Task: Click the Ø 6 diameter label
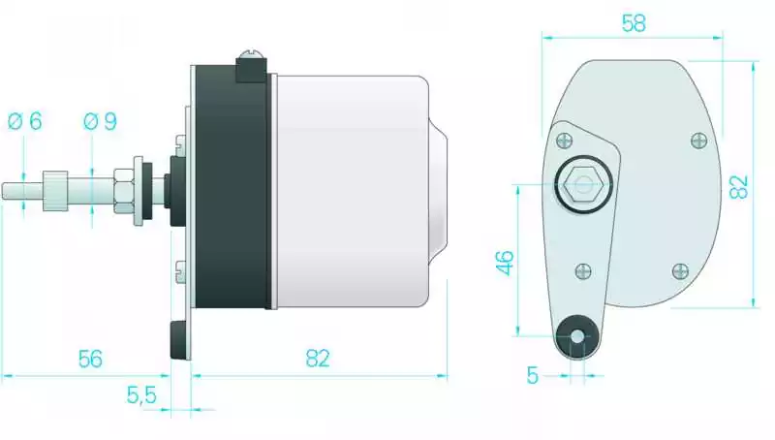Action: tap(25, 121)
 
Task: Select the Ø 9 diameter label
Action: tap(100, 121)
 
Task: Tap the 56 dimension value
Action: tap(90, 359)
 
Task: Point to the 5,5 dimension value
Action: tap(141, 395)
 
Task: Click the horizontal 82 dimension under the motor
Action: tap(318, 359)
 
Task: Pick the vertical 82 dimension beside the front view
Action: tap(739, 187)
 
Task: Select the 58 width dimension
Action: tap(634, 23)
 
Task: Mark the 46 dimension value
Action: tap(505, 263)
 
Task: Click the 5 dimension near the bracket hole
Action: tap(532, 375)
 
